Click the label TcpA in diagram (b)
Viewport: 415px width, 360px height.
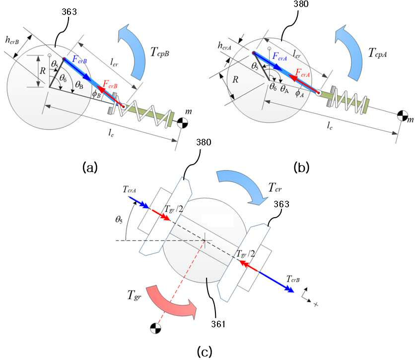coord(377,53)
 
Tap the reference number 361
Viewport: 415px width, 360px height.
coord(218,324)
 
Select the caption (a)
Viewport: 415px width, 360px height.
coord(90,168)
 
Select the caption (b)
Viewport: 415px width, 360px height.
coord(301,168)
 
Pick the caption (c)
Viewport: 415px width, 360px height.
coord(205,351)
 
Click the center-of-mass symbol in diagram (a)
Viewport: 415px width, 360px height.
coord(182,123)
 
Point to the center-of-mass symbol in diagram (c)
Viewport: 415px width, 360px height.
coord(156,328)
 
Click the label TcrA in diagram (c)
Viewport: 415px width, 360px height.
coord(130,189)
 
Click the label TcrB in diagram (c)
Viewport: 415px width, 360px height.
coord(293,279)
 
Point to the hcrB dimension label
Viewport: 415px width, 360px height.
coord(12,40)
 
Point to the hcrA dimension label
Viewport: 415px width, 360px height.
coord(225,46)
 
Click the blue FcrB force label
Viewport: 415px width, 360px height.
coord(79,60)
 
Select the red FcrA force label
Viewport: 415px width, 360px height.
coord(302,73)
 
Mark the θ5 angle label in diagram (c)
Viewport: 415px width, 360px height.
coord(119,220)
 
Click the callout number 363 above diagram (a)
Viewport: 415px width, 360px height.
coord(69,11)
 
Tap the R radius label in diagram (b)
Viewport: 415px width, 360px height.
coord(235,79)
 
